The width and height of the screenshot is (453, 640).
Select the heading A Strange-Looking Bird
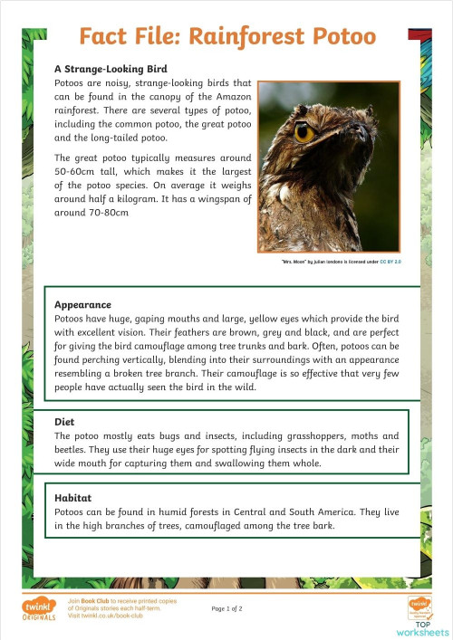pyautogui.click(x=111, y=69)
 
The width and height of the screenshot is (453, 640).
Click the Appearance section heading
pyautogui.click(x=82, y=305)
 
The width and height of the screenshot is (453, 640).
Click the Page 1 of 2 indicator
pyautogui.click(x=226, y=608)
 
